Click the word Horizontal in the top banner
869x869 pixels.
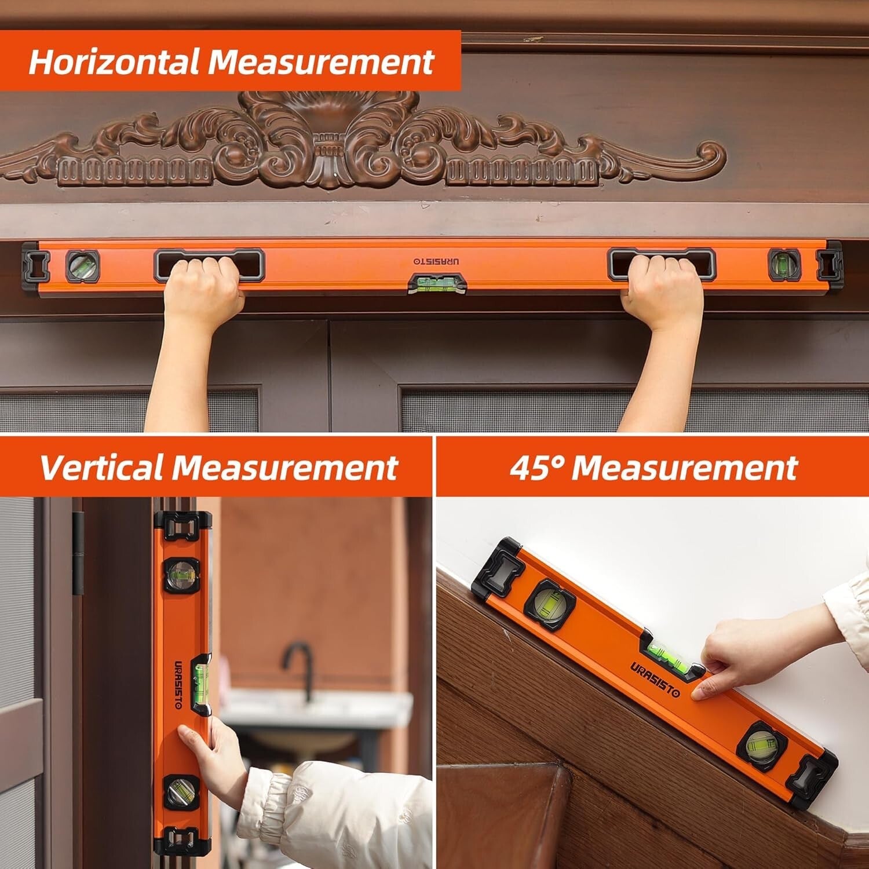pyautogui.click(x=114, y=61)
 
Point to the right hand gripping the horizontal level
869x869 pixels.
pyautogui.click(x=663, y=290)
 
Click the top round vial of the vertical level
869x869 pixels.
pyautogui.click(x=180, y=574)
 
